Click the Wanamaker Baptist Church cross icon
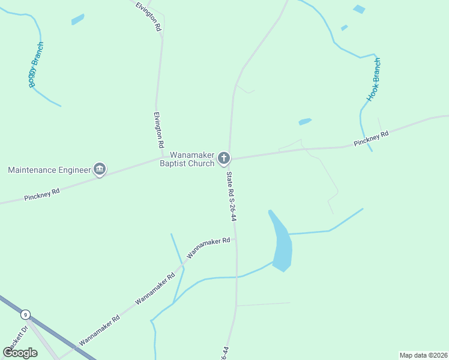point(223,158)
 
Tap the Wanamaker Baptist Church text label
point(191,159)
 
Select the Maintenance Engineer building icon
point(100,170)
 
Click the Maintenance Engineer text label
point(49,170)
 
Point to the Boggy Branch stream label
point(36,65)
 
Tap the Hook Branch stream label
point(374,79)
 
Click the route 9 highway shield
point(25,315)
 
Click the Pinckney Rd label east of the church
point(371,138)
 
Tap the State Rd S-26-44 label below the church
point(231,196)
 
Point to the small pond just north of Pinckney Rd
point(305,122)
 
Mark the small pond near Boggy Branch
point(78,20)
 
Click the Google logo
point(20,352)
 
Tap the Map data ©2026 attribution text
point(423,355)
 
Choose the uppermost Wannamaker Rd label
point(208,248)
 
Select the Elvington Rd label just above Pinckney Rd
point(158,130)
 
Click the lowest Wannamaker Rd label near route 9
point(100,331)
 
